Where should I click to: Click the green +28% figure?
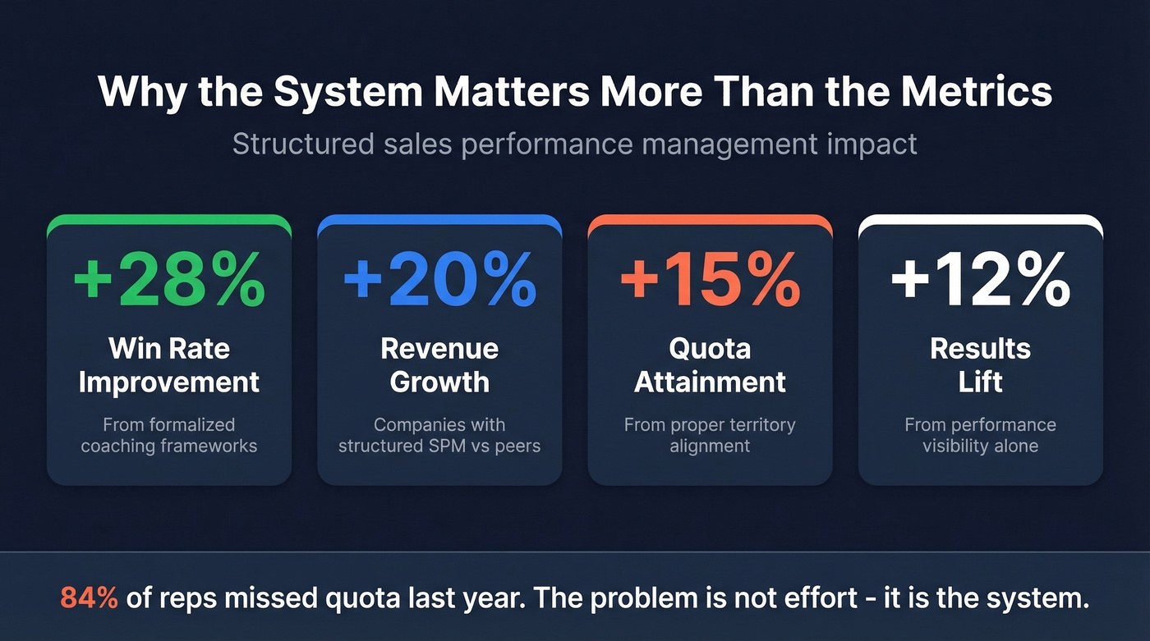click(x=169, y=281)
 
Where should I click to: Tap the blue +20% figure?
click(x=439, y=281)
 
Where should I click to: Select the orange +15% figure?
click(x=710, y=281)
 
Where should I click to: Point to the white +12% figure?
click(x=981, y=281)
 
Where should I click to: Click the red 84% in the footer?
click(x=89, y=598)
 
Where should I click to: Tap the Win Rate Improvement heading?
click(x=169, y=365)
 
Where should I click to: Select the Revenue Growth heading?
click(x=439, y=365)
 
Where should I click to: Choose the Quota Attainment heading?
click(x=710, y=365)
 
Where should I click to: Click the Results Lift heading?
click(x=981, y=365)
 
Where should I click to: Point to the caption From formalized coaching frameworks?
click(x=169, y=436)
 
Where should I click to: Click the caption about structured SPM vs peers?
click(x=439, y=436)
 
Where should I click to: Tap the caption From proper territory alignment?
click(x=710, y=436)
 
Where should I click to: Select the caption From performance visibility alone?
click(x=981, y=436)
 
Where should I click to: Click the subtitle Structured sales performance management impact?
click(x=574, y=144)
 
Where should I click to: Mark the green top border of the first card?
click(x=169, y=219)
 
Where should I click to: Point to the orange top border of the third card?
click(x=710, y=219)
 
